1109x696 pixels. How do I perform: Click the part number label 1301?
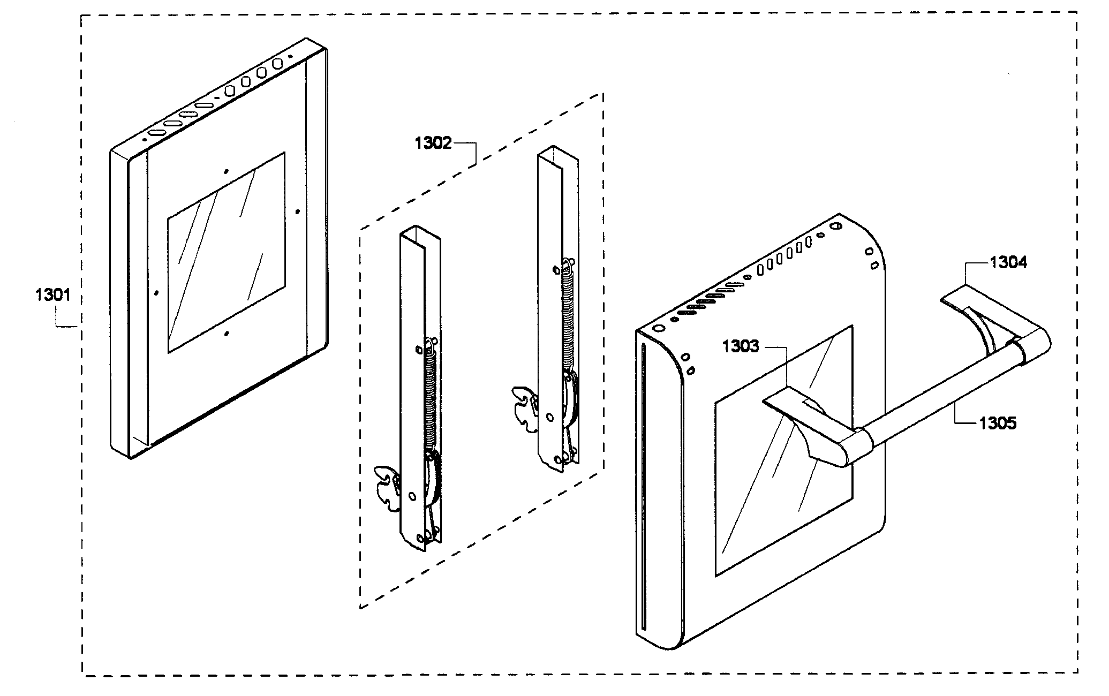[52, 294]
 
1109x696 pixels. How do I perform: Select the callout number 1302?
[433, 143]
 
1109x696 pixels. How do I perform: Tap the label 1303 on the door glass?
[740, 346]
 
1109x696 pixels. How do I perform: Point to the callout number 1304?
[1008, 262]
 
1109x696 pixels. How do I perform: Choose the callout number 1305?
[998, 423]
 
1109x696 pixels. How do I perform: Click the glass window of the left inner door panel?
[226, 252]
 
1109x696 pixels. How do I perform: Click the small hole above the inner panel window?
[227, 171]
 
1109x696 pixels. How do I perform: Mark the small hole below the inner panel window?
[227, 333]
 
